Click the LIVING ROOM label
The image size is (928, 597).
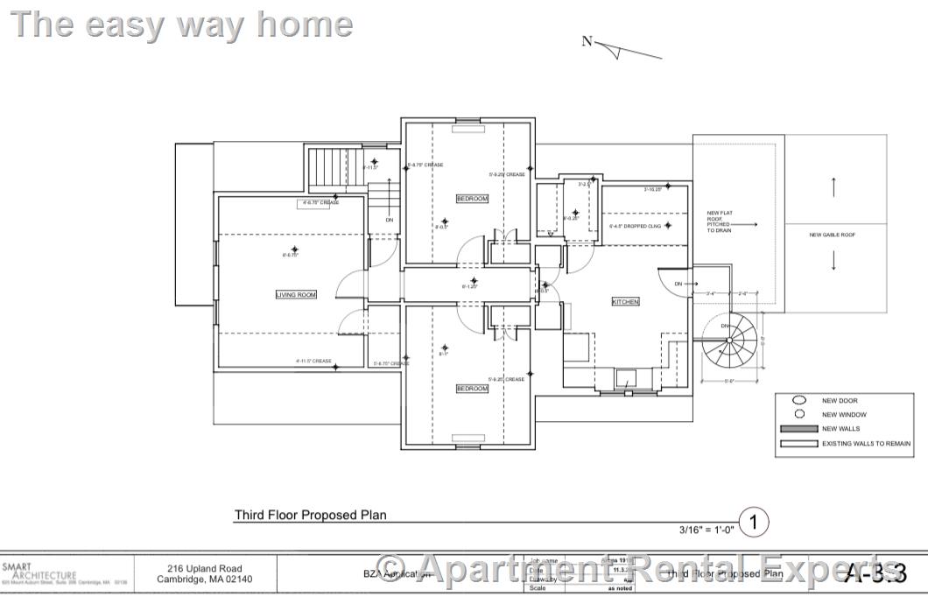(296, 295)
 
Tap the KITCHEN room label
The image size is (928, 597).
(625, 301)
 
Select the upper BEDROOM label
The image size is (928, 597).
(472, 199)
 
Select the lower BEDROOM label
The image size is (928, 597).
(472, 389)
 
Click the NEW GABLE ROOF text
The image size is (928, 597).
(833, 235)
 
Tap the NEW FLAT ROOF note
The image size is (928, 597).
(719, 221)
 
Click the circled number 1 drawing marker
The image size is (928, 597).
(754, 523)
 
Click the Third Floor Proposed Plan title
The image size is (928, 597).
(310, 515)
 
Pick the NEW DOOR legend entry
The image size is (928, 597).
(839, 401)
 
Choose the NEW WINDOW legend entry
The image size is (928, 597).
(844, 415)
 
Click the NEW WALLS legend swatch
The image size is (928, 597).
(798, 429)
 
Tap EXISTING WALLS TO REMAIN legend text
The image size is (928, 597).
(866, 444)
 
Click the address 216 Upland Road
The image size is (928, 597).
(205, 569)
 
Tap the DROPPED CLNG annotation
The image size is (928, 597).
(642, 226)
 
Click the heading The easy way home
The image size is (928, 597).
(181, 25)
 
